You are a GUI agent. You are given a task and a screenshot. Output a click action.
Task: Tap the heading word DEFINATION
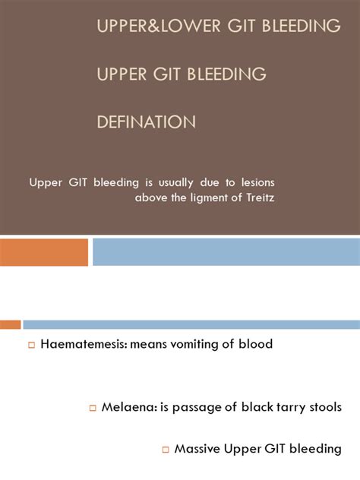pos(147,122)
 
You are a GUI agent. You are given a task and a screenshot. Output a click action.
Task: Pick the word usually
pos(159,183)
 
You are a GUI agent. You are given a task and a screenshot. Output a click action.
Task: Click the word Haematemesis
pos(84,344)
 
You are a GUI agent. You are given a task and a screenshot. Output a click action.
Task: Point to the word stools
pos(319,407)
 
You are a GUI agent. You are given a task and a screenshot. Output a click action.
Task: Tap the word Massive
pos(199,449)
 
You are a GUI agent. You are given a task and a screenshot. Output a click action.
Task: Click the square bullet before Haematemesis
pos(32,345)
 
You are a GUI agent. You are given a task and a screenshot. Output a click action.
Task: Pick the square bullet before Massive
pos(165,450)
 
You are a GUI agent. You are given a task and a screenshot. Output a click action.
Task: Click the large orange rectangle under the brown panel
pos(44,252)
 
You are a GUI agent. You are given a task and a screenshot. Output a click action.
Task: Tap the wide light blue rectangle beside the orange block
pos(226,252)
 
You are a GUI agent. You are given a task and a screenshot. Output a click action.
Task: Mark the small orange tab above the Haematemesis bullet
pos(10,324)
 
